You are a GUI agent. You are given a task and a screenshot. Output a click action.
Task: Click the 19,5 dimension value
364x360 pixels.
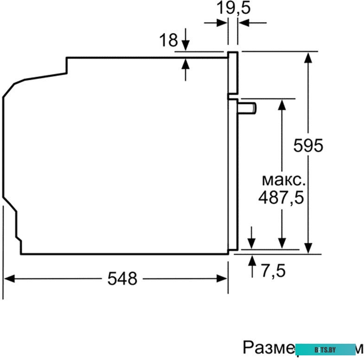click(x=234, y=8)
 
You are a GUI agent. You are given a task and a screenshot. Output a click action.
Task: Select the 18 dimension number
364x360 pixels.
click(x=169, y=40)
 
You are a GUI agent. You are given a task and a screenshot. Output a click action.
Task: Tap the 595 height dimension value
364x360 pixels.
click(x=308, y=146)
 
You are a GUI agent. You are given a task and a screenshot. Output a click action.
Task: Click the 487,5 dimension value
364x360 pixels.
click(x=281, y=198)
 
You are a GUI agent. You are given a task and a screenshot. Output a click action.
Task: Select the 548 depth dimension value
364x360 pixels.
click(x=122, y=278)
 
